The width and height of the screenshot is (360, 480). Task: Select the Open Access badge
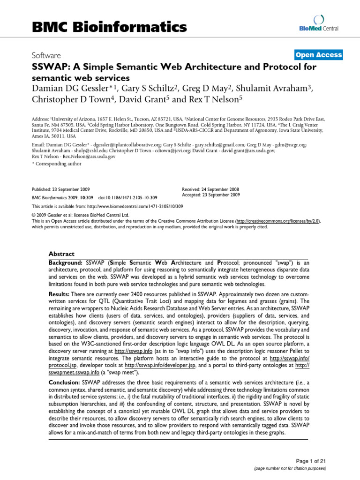point(318,55)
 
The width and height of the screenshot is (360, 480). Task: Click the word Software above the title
point(47,55)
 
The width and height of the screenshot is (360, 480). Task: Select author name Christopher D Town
point(67,99)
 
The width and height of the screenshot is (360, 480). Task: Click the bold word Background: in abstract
point(65,263)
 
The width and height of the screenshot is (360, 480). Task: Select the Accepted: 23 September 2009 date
point(210,195)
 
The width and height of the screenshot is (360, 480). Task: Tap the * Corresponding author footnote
point(56,164)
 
